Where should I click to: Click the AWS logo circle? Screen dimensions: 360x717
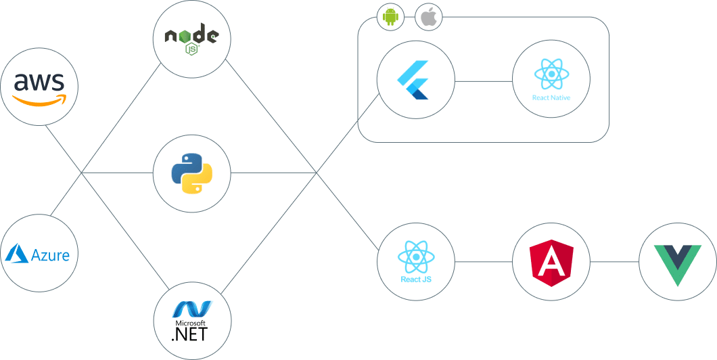click(x=39, y=87)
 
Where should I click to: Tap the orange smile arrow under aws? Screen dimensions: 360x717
click(x=39, y=100)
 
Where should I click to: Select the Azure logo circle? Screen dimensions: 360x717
click(x=39, y=254)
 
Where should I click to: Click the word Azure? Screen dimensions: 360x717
click(x=50, y=255)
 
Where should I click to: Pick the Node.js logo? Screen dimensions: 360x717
click(x=192, y=39)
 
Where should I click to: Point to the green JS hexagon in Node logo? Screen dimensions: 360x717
click(x=192, y=50)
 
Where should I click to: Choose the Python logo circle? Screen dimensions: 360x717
click(x=192, y=173)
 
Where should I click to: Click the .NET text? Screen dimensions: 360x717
click(x=189, y=334)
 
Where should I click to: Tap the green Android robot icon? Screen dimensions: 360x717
click(x=390, y=17)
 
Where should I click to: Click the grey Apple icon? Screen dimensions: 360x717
click(x=428, y=17)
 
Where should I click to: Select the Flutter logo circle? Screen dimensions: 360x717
click(x=415, y=80)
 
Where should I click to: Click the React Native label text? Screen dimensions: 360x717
click(x=551, y=98)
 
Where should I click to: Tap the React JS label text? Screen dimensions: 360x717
click(x=416, y=279)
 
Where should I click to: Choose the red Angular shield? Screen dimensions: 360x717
click(x=551, y=261)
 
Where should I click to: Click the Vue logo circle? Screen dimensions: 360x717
click(x=677, y=261)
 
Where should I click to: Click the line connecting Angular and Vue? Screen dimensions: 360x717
click(x=614, y=261)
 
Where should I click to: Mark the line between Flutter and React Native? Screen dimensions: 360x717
click(x=484, y=81)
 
